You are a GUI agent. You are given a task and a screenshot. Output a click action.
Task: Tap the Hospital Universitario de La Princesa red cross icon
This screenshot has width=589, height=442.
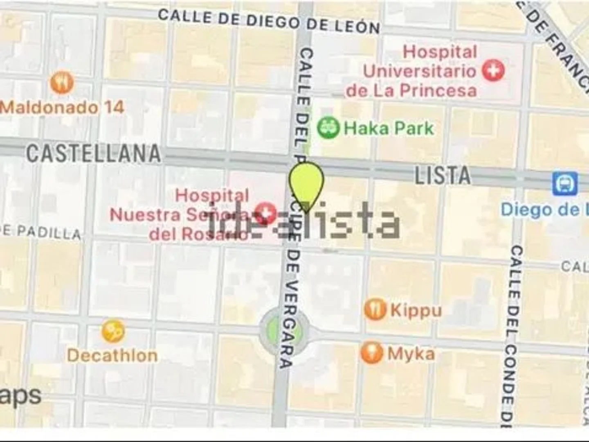[493, 70]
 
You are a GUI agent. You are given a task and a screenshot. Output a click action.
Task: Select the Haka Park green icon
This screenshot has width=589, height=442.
[328, 128]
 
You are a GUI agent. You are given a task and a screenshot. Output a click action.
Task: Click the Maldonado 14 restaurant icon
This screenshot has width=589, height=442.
[62, 82]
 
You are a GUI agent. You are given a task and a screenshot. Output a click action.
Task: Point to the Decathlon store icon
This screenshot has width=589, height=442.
[113, 331]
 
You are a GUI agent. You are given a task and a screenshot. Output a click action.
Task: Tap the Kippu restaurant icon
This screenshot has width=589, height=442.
[375, 309]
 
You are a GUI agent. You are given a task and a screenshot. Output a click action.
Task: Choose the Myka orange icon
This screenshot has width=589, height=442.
[372, 353]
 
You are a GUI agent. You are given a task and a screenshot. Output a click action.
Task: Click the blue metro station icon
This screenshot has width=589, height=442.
[565, 184]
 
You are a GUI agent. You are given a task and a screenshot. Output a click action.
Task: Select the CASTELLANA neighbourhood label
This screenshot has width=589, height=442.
[93, 153]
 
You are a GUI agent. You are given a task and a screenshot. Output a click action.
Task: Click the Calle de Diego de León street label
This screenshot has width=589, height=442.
[269, 21]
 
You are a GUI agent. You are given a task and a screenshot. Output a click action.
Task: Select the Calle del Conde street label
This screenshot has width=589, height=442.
[511, 331]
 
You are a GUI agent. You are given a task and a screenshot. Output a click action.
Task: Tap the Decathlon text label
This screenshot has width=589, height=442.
[112, 355]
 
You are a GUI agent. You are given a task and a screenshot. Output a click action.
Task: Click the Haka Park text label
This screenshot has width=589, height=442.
[389, 129]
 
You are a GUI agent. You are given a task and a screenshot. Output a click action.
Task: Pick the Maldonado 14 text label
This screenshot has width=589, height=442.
[62, 108]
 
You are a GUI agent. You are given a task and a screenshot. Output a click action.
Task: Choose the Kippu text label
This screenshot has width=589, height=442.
[416, 310]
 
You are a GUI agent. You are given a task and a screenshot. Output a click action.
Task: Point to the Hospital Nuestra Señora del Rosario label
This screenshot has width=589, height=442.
[196, 214]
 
